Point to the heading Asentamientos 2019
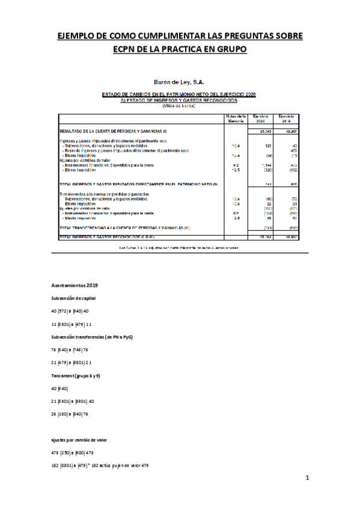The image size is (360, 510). [x=74, y=284]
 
